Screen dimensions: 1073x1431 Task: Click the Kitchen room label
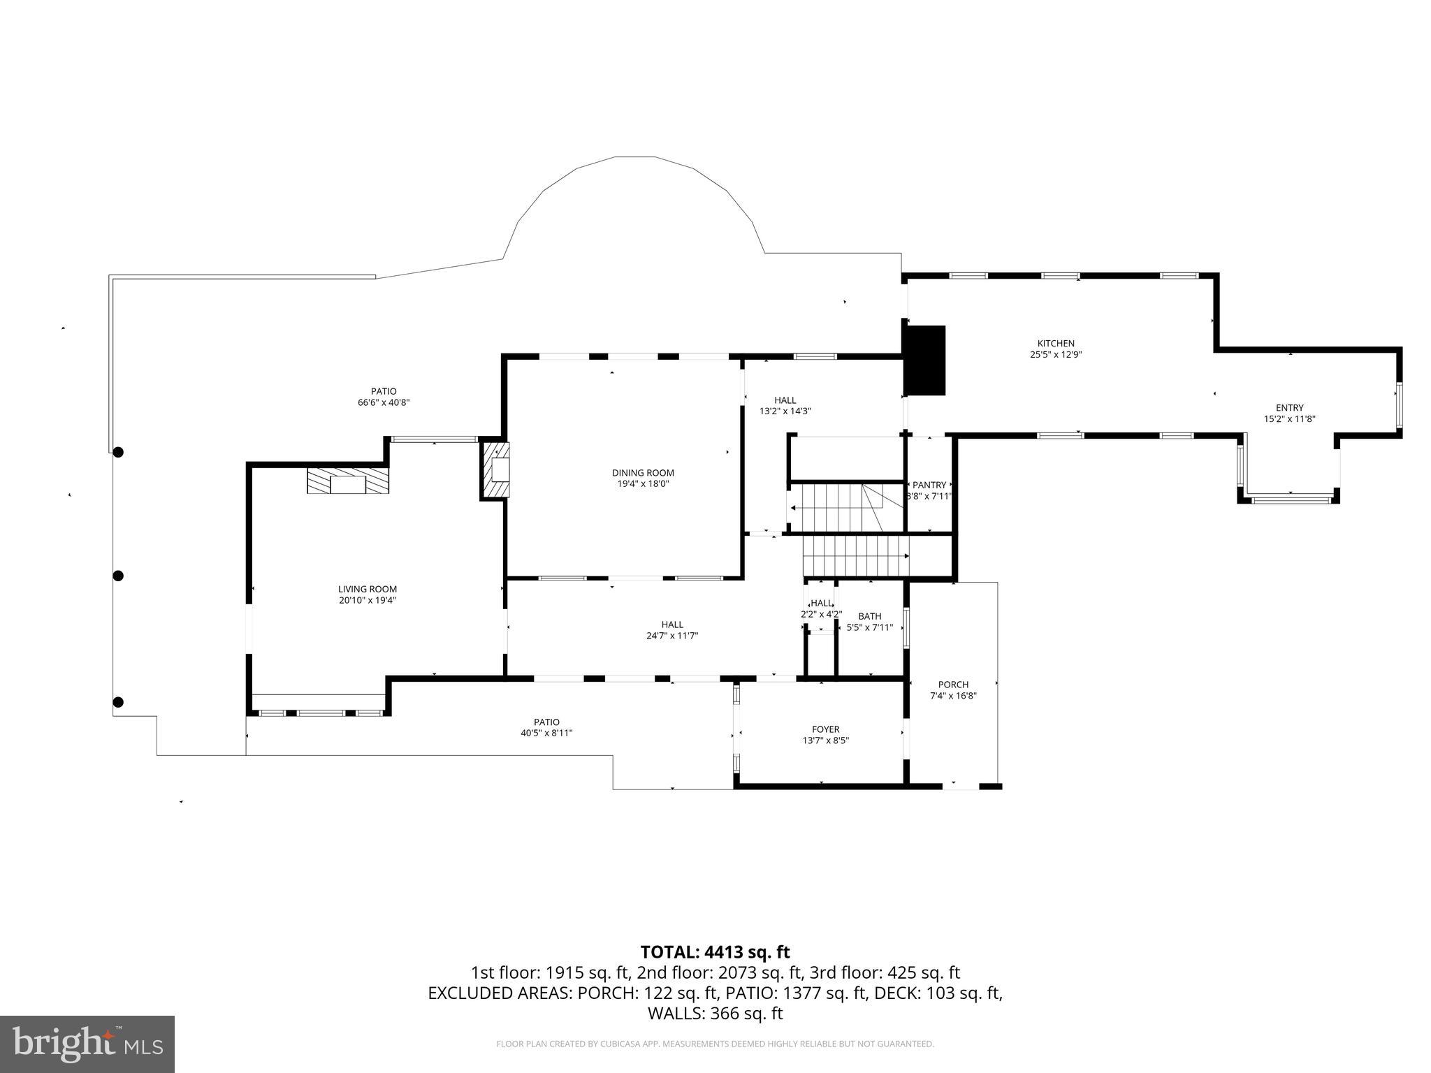click(1055, 343)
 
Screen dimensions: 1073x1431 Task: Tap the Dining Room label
click(643, 473)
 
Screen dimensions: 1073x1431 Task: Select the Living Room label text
click(368, 589)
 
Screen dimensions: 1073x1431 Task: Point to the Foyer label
click(825, 729)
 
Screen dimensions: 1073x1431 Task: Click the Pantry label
click(929, 485)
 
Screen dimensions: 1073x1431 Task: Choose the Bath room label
click(869, 616)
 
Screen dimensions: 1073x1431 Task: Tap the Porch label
click(953, 685)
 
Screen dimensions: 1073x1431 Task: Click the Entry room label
click(1289, 408)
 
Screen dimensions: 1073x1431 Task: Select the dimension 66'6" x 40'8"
click(383, 402)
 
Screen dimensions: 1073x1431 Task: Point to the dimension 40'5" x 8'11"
click(546, 733)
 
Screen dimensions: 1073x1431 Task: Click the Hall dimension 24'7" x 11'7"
click(672, 636)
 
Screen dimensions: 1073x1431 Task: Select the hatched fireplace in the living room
click(348, 481)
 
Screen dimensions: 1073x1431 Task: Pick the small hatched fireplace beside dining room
click(495, 469)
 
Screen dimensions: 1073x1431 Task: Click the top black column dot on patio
click(119, 452)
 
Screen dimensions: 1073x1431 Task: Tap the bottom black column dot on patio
click(119, 702)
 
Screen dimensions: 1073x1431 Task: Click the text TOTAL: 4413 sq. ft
click(715, 951)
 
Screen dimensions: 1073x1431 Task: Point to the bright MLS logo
click(87, 1044)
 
